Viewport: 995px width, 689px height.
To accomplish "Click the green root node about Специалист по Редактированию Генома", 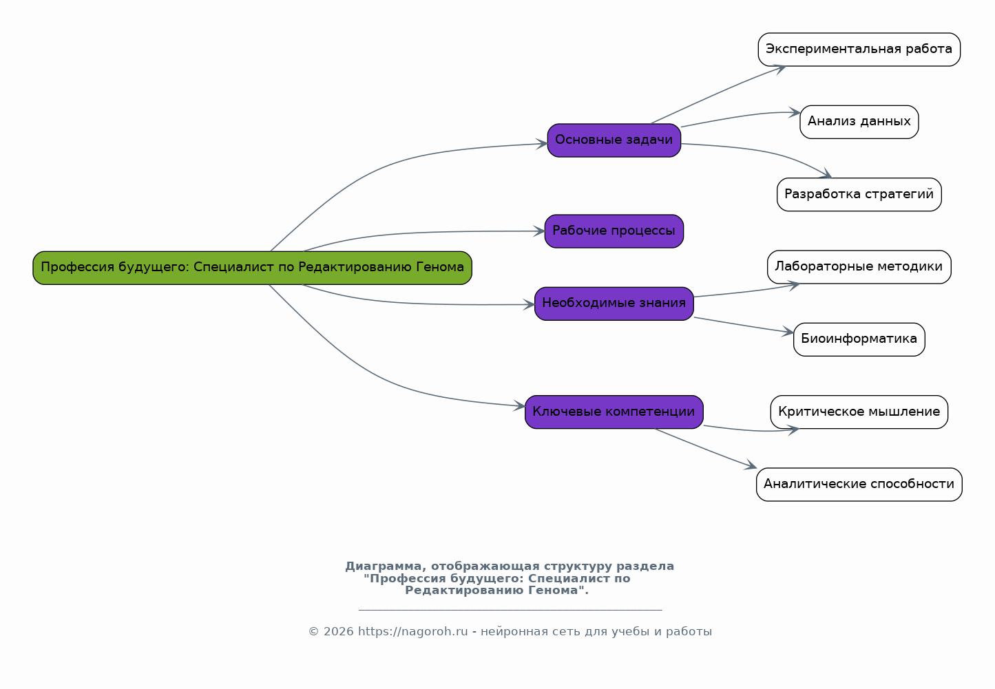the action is coord(252,268).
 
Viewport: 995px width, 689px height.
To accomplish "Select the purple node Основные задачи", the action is coord(614,140).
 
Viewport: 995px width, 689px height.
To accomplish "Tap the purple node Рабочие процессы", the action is coord(614,231).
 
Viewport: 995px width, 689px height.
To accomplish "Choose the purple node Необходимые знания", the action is coord(614,304).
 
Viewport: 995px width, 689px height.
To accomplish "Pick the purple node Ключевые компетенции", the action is coord(614,412).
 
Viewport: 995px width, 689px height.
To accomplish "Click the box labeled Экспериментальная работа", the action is coord(859,50).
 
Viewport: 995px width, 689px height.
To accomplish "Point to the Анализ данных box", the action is coord(859,122).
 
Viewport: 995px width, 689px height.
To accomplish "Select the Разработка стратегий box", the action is coord(859,194).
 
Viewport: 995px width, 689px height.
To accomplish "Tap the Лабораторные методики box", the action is coord(859,267).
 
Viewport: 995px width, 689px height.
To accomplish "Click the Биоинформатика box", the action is coord(859,339).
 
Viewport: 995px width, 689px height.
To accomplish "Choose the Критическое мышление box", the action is coord(859,412).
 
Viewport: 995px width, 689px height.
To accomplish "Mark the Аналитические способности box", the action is coord(859,485).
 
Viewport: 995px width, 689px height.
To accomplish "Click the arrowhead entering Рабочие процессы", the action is coord(539,231).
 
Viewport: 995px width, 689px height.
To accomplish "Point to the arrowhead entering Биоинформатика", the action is coord(788,332).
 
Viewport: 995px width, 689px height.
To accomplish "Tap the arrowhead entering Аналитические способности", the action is coord(751,465).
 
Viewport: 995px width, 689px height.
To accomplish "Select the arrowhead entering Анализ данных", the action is coord(795,112).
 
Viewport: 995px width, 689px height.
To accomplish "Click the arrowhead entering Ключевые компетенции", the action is coord(520,405).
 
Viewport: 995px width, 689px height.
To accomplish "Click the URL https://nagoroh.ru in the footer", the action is coord(412,631).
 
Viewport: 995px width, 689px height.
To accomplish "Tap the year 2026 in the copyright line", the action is coord(339,631).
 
